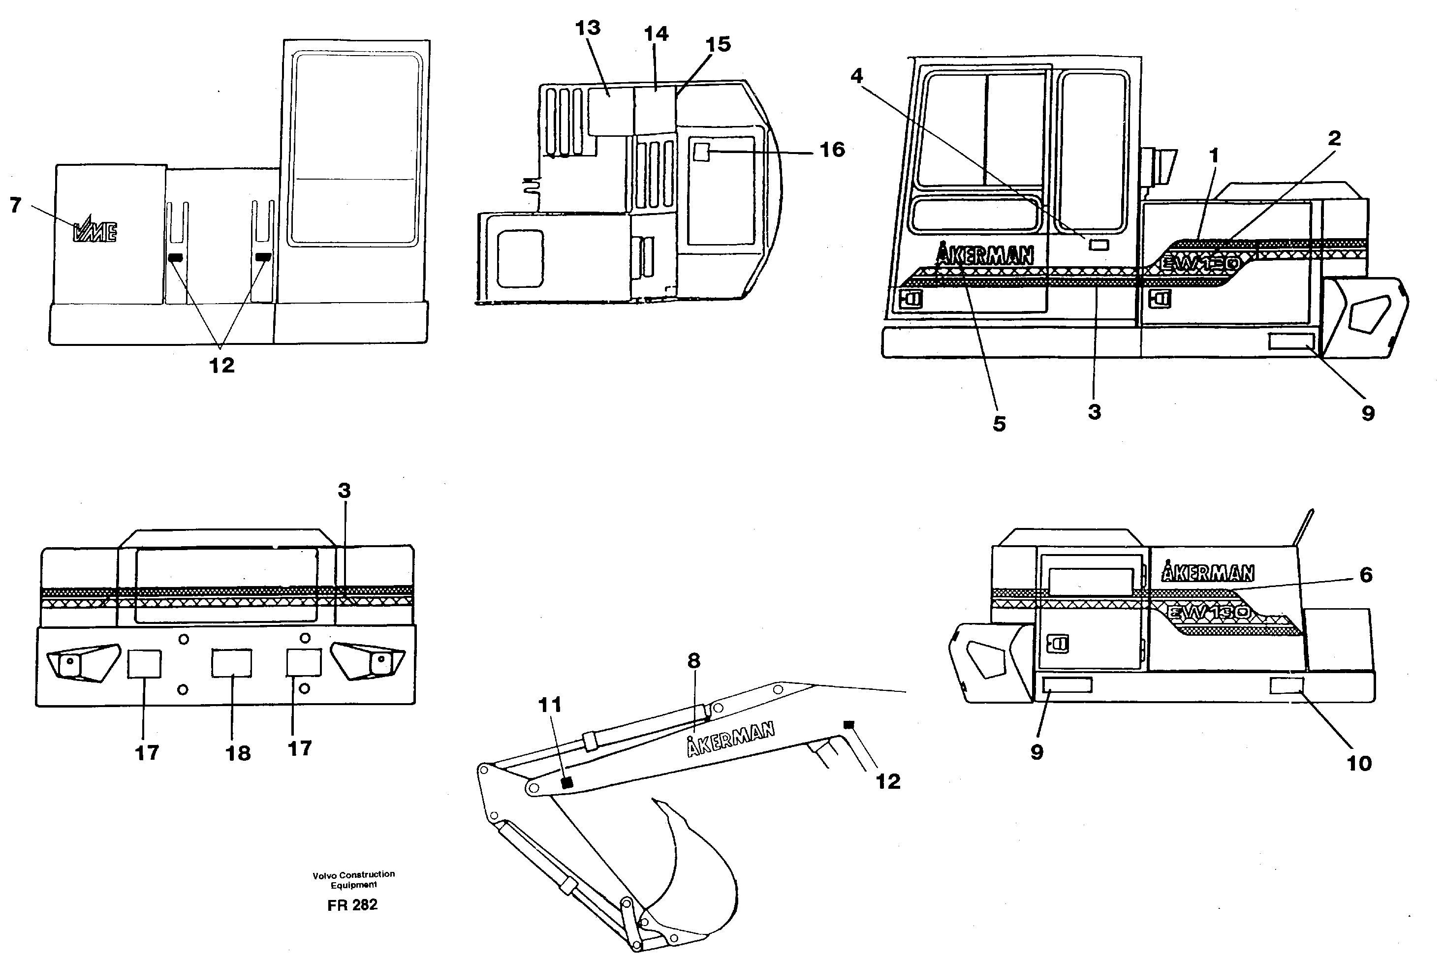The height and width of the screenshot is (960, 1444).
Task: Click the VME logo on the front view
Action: point(95,231)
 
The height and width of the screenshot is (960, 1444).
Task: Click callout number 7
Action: point(16,205)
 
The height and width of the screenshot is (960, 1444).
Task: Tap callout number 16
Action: point(832,150)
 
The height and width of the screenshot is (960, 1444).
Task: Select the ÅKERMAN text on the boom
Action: point(730,738)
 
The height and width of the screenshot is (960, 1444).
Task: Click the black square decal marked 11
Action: point(567,782)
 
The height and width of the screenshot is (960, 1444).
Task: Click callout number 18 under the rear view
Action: point(238,753)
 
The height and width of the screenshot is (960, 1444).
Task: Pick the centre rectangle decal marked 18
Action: point(231,664)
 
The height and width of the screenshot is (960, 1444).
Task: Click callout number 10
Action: point(1359,764)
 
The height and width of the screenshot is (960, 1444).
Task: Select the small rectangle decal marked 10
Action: point(1286,686)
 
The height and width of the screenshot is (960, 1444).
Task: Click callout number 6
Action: point(1366,575)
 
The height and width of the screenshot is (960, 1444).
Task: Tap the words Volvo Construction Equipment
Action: point(353,879)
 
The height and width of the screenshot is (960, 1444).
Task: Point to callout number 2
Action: point(1334,138)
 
